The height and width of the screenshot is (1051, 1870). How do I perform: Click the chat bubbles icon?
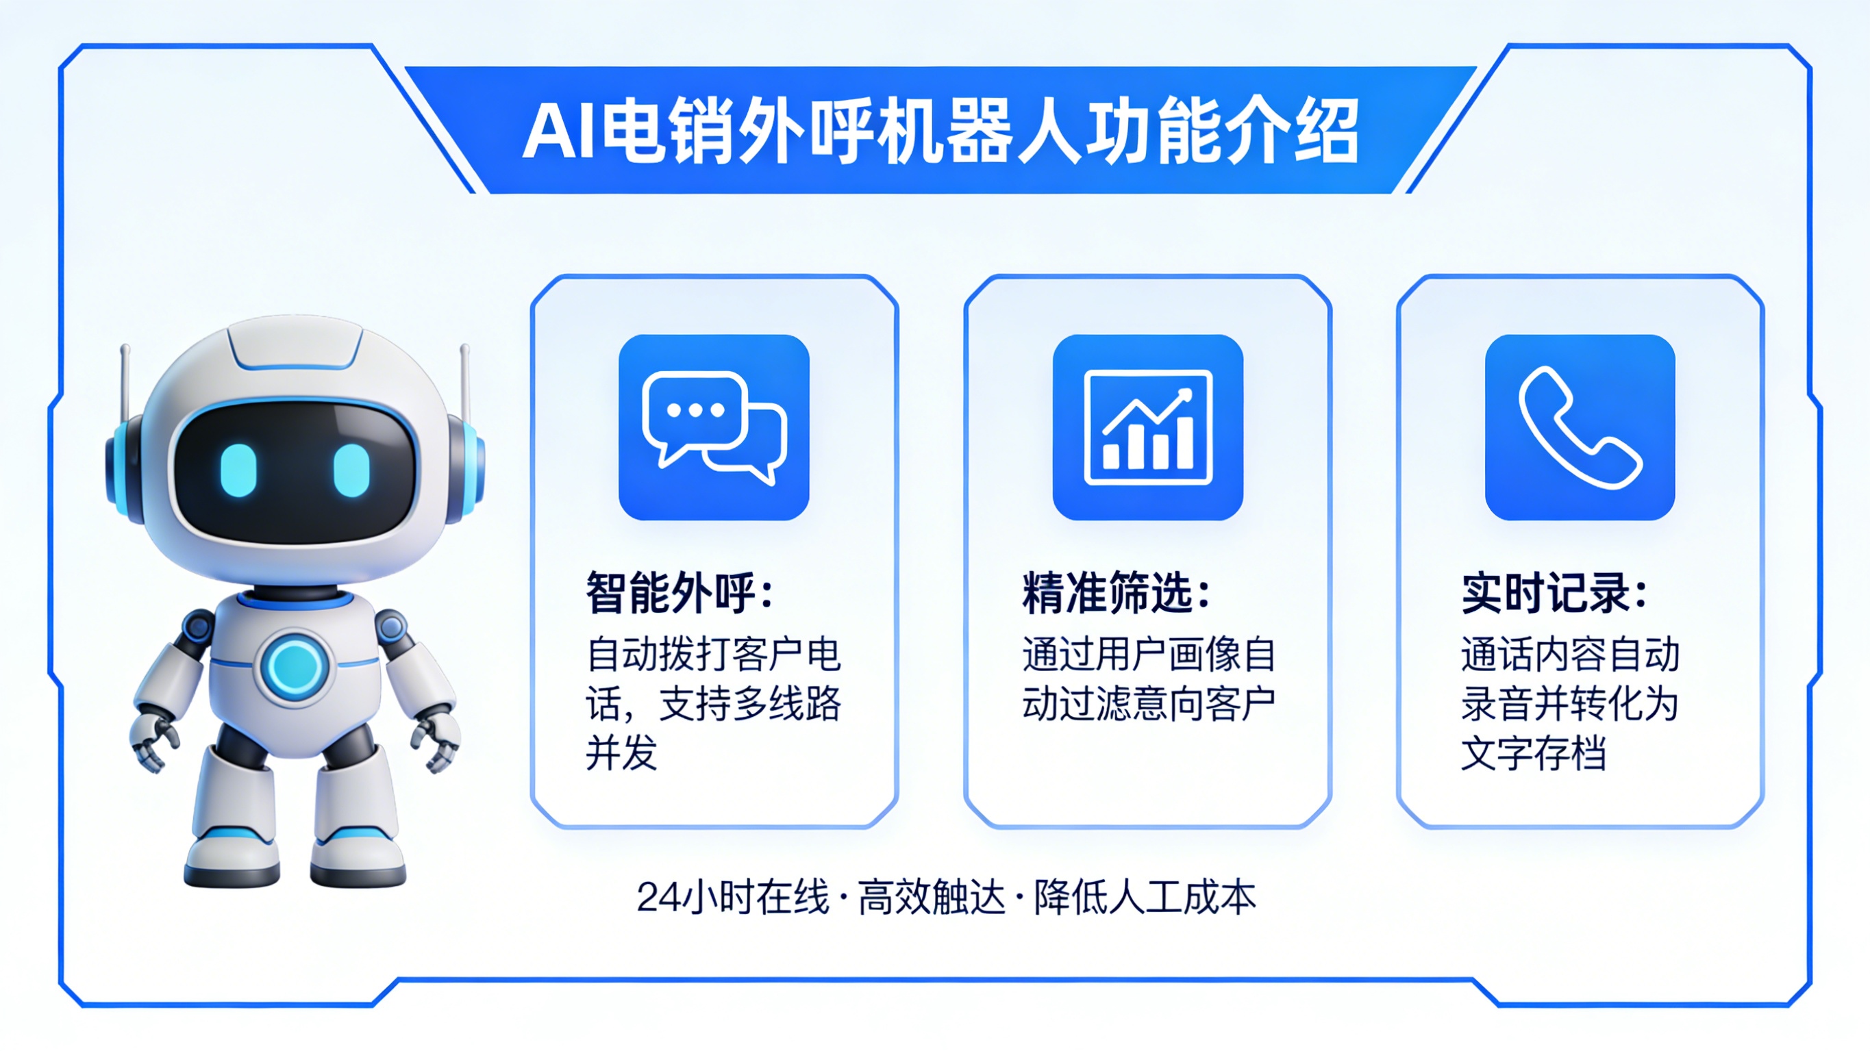pyautogui.click(x=714, y=427)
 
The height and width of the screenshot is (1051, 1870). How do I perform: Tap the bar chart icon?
pyautogui.click(x=1148, y=427)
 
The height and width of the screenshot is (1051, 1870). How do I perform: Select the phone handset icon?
pyautogui.click(x=1580, y=427)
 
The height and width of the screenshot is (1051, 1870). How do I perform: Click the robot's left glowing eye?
pyautogui.click(x=239, y=469)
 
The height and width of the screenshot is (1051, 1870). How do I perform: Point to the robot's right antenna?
pyautogui.click(x=464, y=377)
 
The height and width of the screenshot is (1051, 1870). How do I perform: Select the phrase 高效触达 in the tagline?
pyautogui.click(x=932, y=897)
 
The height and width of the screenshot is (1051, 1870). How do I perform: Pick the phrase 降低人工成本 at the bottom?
pyautogui.click(x=1145, y=897)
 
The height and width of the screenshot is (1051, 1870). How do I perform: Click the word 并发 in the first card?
pyautogui.click(x=621, y=753)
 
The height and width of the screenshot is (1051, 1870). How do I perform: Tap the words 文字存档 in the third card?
pyautogui.click(x=1532, y=753)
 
